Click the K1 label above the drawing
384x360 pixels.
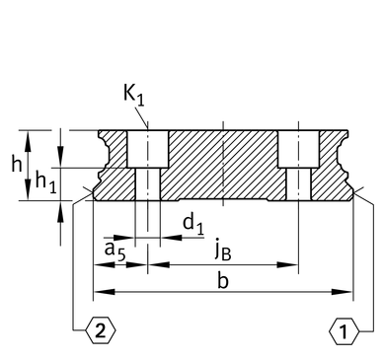tap(134, 96)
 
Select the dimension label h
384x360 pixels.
tap(17, 164)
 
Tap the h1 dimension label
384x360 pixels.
tap(45, 182)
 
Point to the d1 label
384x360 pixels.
tap(193, 225)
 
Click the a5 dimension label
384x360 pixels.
tap(115, 252)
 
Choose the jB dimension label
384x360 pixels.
tap(223, 252)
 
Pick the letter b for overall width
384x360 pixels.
tap(223, 281)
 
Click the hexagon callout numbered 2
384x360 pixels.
tap(101, 331)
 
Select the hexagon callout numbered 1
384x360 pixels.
tap(344, 331)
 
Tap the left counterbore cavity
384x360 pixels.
tap(147, 149)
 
